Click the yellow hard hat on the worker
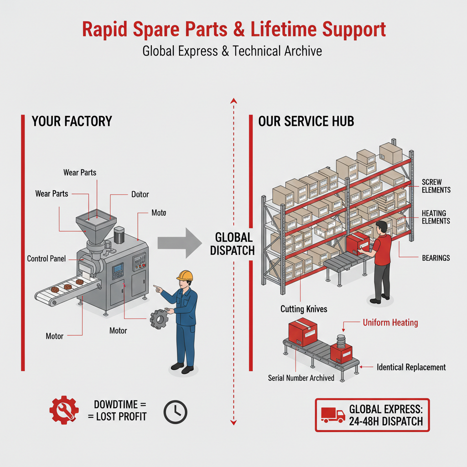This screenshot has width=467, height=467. click(x=185, y=275)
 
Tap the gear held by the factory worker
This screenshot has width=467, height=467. click(x=159, y=319)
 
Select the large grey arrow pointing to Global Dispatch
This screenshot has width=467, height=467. click(x=180, y=243)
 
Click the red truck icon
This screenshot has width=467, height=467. click(x=333, y=415)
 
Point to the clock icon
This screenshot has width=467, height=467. click(x=176, y=412)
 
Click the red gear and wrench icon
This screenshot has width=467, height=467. click(x=64, y=410)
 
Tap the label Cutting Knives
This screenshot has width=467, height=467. click(x=304, y=309)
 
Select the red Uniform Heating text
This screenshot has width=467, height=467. click(x=390, y=322)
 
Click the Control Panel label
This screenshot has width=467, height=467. click(x=47, y=259)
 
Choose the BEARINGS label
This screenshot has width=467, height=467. click(x=436, y=258)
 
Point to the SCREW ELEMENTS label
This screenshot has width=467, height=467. click(x=436, y=186)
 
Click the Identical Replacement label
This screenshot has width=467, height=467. click(x=411, y=367)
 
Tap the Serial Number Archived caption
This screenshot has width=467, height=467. click(x=301, y=378)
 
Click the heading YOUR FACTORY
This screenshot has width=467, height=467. click(x=72, y=121)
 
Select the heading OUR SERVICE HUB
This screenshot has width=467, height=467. click(x=306, y=121)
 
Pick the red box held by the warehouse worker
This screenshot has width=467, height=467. click(x=358, y=244)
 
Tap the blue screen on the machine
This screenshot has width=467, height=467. click(x=118, y=268)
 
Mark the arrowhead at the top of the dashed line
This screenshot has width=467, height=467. click(x=234, y=100)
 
